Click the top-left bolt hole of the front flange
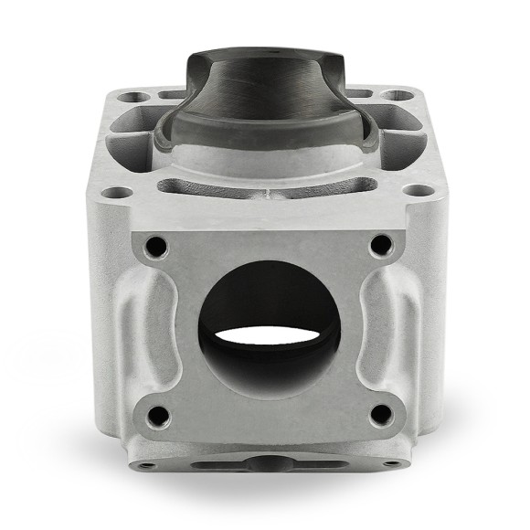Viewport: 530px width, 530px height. click(x=155, y=246)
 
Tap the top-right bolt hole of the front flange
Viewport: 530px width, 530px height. click(x=380, y=245)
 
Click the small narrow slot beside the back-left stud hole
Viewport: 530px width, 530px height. click(x=169, y=95)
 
